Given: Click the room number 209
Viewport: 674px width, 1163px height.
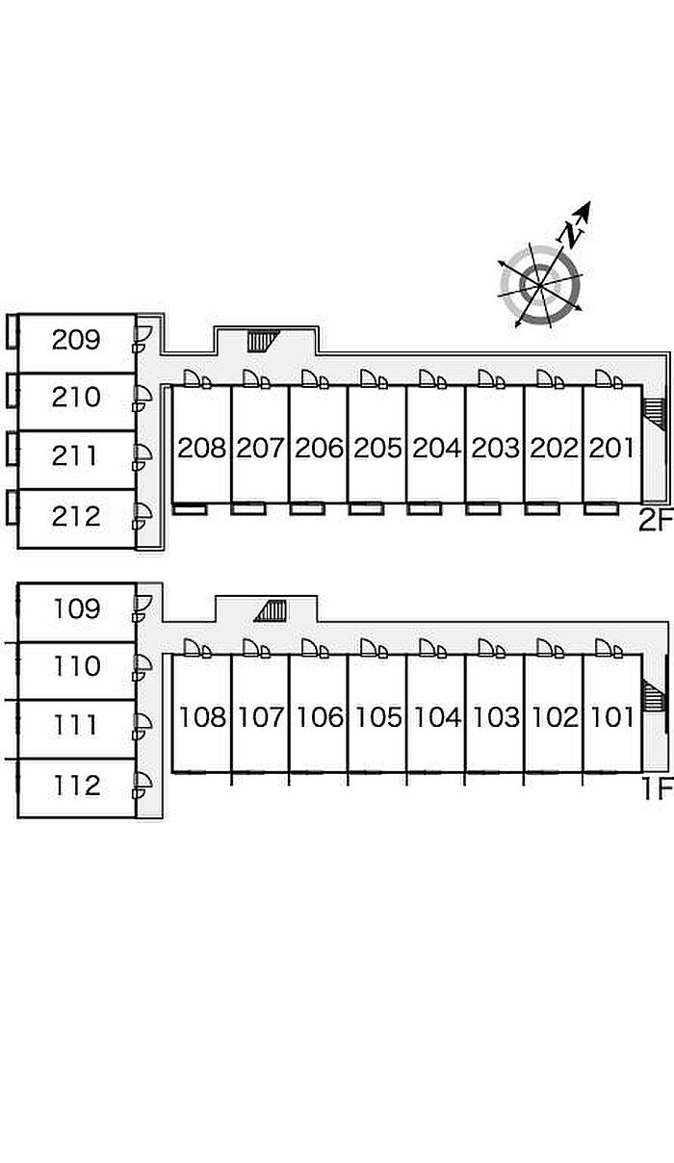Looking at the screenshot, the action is pyautogui.click(x=76, y=340).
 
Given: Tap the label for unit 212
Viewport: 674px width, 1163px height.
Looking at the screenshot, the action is pyautogui.click(x=76, y=517).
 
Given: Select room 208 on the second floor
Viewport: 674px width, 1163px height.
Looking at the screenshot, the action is pyautogui.click(x=201, y=448).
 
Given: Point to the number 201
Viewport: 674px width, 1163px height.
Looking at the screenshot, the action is pyautogui.click(x=611, y=448).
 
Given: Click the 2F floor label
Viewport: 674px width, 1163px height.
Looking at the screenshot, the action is pyautogui.click(x=656, y=521).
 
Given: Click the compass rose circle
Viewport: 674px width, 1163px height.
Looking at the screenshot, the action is pyautogui.click(x=540, y=286).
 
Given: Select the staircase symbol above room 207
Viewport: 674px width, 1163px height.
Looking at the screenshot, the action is pyautogui.click(x=263, y=341).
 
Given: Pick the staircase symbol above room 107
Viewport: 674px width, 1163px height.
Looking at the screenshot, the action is pyautogui.click(x=271, y=610).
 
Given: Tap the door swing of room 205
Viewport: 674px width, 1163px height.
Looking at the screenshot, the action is pyautogui.click(x=373, y=378).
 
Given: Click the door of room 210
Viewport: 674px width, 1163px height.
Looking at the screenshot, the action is pyautogui.click(x=142, y=399).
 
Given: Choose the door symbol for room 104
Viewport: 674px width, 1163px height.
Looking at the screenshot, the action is pyautogui.click(x=432, y=648).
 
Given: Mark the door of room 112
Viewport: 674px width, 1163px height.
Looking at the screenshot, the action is pyautogui.click(x=142, y=785).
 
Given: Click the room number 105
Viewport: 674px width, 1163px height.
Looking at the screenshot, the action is pyautogui.click(x=378, y=717).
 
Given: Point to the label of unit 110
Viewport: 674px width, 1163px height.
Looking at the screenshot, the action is pyautogui.click(x=77, y=666).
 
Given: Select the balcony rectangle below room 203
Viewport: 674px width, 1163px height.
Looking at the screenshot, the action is pyautogui.click(x=482, y=508).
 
